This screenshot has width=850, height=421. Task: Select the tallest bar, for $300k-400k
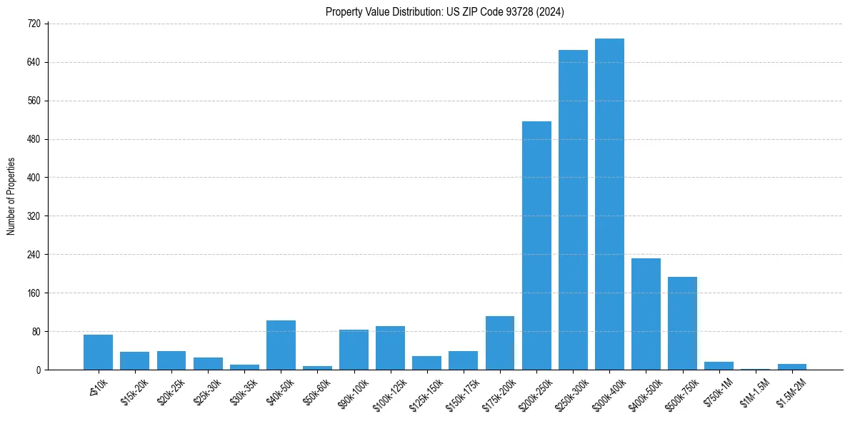(609, 204)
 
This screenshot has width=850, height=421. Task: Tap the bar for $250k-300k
(573, 210)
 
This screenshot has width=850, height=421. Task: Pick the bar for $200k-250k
(536, 245)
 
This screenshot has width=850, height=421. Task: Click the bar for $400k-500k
(646, 314)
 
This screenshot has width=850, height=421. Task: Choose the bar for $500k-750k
(682, 323)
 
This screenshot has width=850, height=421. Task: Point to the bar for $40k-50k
(281, 345)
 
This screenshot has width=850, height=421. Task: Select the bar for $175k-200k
(500, 343)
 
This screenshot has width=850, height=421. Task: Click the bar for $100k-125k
(390, 348)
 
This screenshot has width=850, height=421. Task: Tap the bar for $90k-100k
(354, 350)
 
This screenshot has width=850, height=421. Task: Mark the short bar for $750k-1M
(719, 366)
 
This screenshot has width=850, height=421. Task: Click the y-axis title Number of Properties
(11, 196)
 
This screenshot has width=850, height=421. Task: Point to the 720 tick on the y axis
(34, 24)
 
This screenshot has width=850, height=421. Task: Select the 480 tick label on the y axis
(34, 139)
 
